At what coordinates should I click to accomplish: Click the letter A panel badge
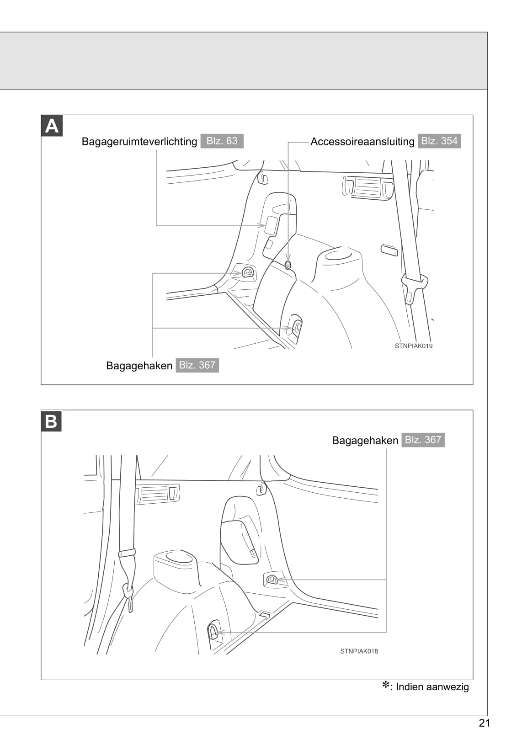tap(52, 126)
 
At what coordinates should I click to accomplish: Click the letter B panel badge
tap(51, 421)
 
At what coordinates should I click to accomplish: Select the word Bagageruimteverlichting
tap(139, 141)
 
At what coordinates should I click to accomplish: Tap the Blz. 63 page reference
tap(222, 141)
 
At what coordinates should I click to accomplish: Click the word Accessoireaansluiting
tap(362, 141)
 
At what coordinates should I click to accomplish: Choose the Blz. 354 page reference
tap(439, 141)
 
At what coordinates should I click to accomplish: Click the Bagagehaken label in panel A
tap(139, 366)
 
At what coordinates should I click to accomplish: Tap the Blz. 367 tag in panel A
tap(197, 365)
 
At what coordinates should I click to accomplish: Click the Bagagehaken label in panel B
tap(365, 441)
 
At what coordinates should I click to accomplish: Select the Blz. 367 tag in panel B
tap(423, 440)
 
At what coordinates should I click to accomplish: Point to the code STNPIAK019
tap(414, 346)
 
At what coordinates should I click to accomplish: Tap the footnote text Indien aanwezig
tap(432, 687)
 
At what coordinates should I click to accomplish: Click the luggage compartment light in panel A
tap(272, 225)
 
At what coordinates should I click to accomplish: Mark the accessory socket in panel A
tap(288, 264)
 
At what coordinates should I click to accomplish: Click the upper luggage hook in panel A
tap(248, 272)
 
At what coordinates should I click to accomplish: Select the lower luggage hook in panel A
tap(297, 327)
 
